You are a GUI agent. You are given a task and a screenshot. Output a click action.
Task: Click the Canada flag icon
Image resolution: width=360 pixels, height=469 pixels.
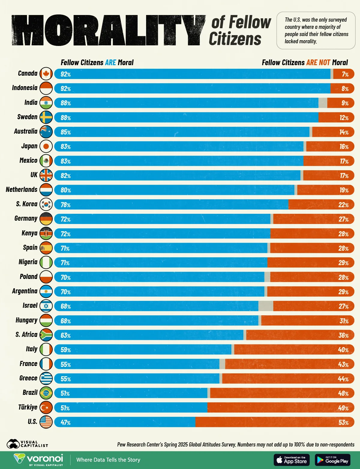click(x=46, y=74)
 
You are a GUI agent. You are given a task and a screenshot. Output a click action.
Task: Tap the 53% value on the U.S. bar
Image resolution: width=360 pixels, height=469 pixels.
click(x=343, y=422)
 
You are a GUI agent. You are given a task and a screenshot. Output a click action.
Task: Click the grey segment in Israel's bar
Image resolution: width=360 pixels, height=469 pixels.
click(x=265, y=306)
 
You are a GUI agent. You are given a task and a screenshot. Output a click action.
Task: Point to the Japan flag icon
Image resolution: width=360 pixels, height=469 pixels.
click(x=46, y=146)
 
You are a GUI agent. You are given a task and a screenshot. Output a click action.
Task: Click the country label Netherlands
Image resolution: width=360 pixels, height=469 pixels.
click(x=22, y=189)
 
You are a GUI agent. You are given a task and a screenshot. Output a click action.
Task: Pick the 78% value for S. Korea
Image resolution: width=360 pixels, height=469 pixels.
click(x=66, y=205)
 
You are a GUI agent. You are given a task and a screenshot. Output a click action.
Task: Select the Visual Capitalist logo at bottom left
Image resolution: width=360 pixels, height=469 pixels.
click(x=27, y=444)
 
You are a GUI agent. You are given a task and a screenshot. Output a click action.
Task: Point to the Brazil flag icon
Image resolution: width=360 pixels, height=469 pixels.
click(x=46, y=393)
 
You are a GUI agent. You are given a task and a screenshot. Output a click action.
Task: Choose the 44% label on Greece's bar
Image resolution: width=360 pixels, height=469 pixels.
click(x=343, y=379)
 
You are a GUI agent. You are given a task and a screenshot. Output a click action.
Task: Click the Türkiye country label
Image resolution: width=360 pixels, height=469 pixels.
click(x=28, y=407)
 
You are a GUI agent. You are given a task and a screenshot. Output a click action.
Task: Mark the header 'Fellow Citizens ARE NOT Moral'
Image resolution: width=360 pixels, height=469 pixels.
click(x=304, y=62)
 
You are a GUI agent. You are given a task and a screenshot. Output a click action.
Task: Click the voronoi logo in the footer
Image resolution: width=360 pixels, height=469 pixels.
click(x=38, y=460)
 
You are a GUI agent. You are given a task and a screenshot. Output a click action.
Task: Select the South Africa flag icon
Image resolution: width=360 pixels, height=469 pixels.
click(x=46, y=335)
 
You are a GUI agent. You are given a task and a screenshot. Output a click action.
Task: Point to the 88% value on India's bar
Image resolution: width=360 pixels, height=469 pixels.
click(x=66, y=103)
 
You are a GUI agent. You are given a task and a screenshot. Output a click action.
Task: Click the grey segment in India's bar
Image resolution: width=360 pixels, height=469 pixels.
click(x=322, y=103)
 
